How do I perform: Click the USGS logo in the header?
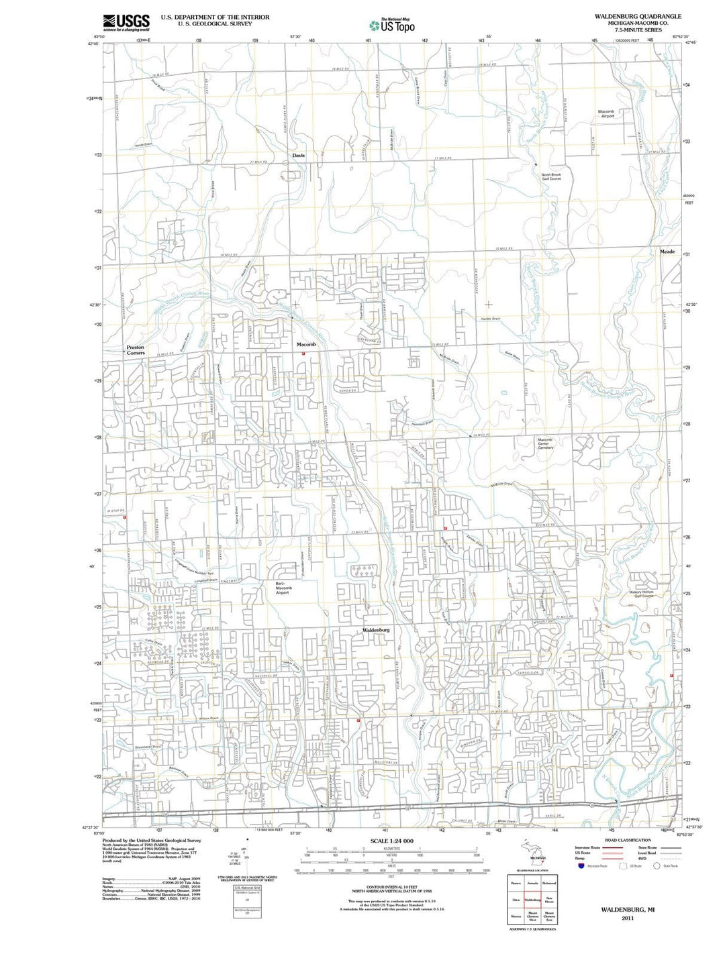click(126, 23)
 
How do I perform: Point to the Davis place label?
click(298, 155)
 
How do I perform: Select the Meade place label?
click(667, 252)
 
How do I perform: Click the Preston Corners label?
click(136, 350)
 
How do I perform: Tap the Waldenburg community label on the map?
click(376, 631)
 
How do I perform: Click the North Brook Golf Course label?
click(551, 176)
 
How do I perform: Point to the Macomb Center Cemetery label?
click(545, 443)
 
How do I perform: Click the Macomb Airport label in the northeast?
click(606, 113)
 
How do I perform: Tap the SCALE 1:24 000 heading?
click(392, 841)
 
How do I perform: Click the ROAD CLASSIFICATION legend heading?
click(627, 840)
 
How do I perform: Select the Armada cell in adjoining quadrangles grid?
click(532, 883)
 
